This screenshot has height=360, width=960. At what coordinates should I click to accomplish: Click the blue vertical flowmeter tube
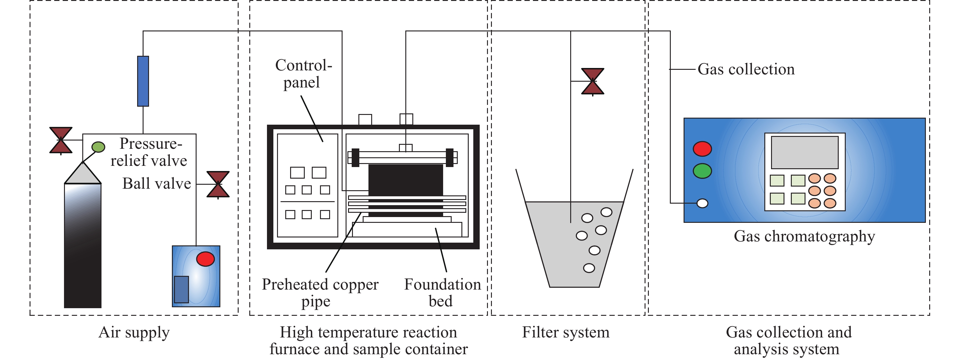tap(143, 81)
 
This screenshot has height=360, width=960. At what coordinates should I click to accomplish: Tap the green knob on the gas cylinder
tap(98, 147)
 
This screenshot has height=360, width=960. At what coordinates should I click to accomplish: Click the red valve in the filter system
tap(592, 81)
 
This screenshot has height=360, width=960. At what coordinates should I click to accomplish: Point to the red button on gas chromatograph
tap(702, 149)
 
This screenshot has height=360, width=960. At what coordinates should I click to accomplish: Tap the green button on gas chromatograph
tap(702, 171)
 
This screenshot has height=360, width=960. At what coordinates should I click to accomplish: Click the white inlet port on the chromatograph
tap(702, 203)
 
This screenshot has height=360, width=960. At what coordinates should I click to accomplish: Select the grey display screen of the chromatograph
tap(805, 152)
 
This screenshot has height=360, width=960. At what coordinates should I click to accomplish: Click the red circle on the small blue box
tap(205, 258)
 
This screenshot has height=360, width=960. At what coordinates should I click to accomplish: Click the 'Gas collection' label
tap(746, 69)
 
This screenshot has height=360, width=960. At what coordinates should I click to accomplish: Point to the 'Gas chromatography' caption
tap(804, 237)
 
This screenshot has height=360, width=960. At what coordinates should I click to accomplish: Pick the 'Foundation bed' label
tap(442, 293)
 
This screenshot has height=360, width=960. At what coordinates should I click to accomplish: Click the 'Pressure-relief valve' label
tap(149, 152)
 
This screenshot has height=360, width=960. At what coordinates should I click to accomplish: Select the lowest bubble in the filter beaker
tap(589, 268)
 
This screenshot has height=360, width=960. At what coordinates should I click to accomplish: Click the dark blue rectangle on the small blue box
tap(182, 290)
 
